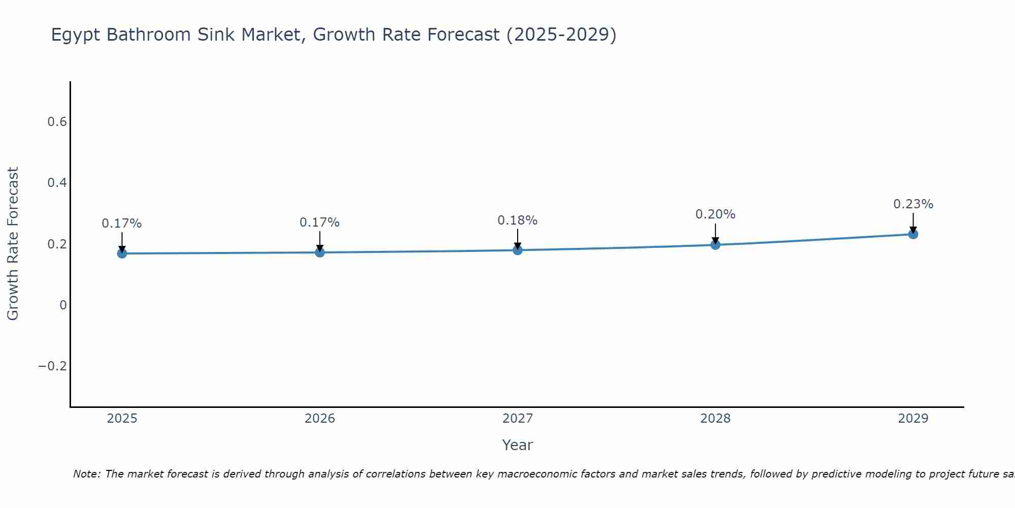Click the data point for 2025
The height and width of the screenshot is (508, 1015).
(x=122, y=253)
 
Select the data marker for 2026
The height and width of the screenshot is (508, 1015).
(x=320, y=252)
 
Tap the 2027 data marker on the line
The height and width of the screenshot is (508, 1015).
(x=518, y=250)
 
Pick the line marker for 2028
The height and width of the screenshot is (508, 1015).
(x=716, y=245)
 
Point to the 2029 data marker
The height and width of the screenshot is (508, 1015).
(x=913, y=234)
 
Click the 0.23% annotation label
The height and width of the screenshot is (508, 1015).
(x=913, y=204)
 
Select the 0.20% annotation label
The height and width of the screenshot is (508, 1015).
(x=715, y=214)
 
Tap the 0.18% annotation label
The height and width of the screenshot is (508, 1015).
(x=517, y=220)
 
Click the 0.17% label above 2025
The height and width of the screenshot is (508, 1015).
(x=122, y=224)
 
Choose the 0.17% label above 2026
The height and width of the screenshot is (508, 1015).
(x=319, y=223)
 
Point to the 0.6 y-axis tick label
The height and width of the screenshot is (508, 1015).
(x=57, y=122)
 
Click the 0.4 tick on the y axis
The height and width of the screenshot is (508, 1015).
(x=57, y=183)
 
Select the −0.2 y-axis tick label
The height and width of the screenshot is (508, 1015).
(x=52, y=366)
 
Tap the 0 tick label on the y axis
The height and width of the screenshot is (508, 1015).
(x=63, y=305)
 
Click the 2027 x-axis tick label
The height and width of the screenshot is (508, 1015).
(x=518, y=419)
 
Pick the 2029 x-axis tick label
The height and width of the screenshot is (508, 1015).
(x=913, y=419)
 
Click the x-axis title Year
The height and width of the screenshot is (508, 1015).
(x=517, y=445)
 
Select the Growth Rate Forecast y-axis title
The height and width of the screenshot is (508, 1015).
(x=13, y=244)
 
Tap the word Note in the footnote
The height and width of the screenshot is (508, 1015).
(x=86, y=474)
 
